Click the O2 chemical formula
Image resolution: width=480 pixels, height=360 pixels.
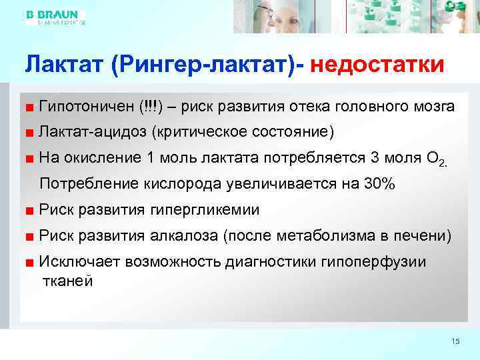pos(433,159)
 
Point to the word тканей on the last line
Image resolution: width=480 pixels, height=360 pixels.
pos(67,281)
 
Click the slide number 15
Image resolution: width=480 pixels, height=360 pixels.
pos(456,342)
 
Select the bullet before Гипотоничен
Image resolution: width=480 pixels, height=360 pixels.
pos(30,107)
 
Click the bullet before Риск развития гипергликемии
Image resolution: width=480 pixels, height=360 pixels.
pos(30,211)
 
